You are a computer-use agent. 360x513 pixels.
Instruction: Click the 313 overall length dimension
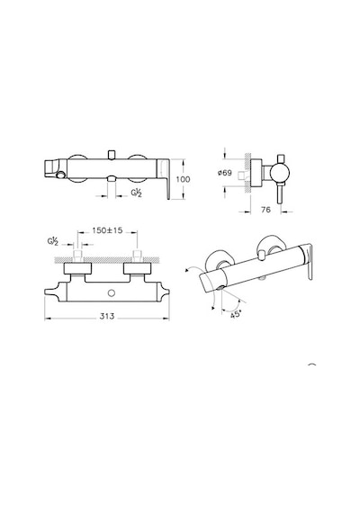[107, 316]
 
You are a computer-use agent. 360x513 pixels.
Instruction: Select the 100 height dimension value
[183, 179]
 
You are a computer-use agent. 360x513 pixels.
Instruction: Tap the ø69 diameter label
[224, 173]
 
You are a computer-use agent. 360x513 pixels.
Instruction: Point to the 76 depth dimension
[266, 210]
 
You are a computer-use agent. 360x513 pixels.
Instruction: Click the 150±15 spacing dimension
[107, 230]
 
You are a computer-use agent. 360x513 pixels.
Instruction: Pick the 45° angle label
[236, 315]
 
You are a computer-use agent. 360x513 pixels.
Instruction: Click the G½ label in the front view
[137, 193]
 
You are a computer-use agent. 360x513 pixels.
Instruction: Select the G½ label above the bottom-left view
[53, 242]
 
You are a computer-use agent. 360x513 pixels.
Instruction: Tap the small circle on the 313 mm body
[112, 292]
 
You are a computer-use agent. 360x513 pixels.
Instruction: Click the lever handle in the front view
[164, 178]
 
